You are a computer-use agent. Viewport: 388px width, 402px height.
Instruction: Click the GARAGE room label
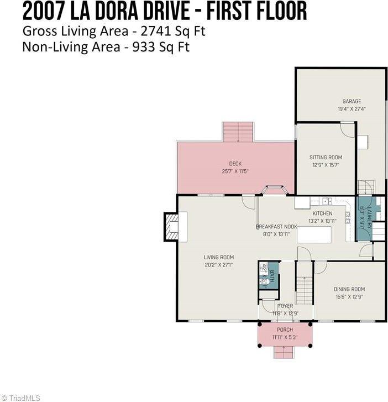click(352, 101)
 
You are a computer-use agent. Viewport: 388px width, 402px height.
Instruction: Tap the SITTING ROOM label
click(326, 158)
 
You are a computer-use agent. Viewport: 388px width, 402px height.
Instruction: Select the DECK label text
click(235, 164)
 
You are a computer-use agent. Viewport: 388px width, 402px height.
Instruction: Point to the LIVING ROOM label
click(218, 257)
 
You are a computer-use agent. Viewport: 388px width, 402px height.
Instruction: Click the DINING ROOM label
click(349, 289)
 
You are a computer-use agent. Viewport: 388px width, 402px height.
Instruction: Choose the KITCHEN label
click(322, 213)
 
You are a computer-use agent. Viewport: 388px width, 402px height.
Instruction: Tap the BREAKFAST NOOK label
click(276, 227)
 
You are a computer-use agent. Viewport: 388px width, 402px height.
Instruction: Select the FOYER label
click(285, 306)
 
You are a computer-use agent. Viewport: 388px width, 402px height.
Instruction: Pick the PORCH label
click(285, 330)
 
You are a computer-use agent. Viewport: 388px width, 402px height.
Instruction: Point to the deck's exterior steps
click(238, 132)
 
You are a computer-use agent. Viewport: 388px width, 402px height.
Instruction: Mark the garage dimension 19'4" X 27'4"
click(352, 109)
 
